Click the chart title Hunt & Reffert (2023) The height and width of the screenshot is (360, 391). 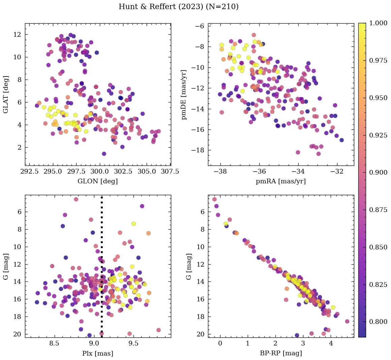pyautogui.click(x=178, y=7)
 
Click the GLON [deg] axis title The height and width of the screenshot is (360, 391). pyautogui.click(x=98, y=181)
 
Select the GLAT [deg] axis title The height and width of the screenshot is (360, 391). pyautogui.click(x=6, y=95)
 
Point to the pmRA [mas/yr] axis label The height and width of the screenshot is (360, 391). pyautogui.click(x=281, y=181)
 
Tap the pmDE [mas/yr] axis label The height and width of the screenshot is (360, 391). pyautogui.click(x=184, y=95)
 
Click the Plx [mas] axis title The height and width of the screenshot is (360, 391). pyautogui.click(x=98, y=353)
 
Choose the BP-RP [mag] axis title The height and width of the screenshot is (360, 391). pyautogui.click(x=281, y=353)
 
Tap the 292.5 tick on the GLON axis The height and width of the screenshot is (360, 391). pyautogui.click(x=29, y=172)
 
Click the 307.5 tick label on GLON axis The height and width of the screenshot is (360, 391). pyautogui.click(x=170, y=172)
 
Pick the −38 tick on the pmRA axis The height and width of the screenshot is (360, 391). pyautogui.click(x=220, y=172)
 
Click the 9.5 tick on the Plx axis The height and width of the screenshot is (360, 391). pyautogui.click(x=134, y=344)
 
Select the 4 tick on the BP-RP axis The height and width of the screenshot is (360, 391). pyautogui.click(x=331, y=344)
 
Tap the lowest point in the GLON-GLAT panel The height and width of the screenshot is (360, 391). pyautogui.click(x=104, y=154)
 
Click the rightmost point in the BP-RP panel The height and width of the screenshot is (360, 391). pyautogui.click(x=347, y=321)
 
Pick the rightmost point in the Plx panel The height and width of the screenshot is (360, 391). pyautogui.click(x=158, y=330)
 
